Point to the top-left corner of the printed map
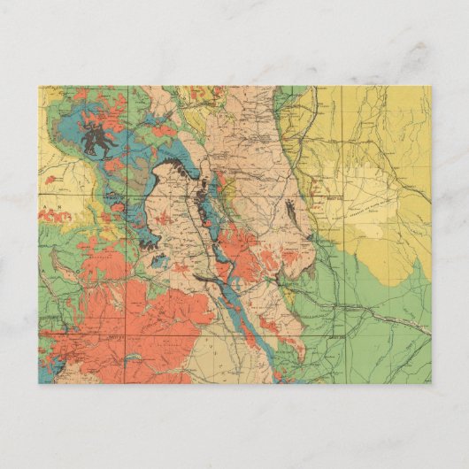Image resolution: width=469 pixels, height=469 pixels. (38, 86)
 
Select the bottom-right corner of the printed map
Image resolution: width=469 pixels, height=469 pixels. (431, 383)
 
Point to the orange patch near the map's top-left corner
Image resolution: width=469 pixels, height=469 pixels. (80, 95)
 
